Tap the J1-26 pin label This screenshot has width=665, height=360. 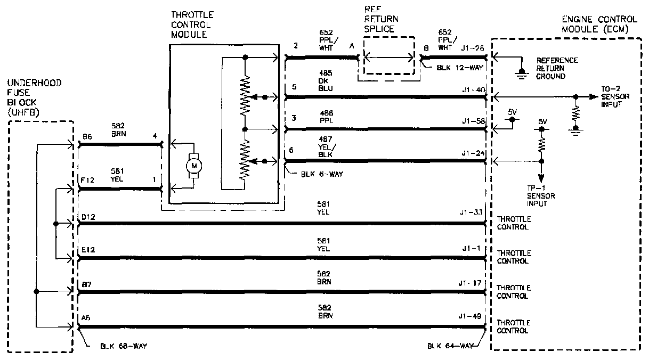pos(474,48)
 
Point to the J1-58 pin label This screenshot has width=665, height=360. pos(474,121)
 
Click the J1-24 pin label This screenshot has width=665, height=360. pos(474,153)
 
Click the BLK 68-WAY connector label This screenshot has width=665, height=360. pos(124,346)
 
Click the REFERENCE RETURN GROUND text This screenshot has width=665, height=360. pos(557,68)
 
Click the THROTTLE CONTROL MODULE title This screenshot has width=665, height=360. pos(191,24)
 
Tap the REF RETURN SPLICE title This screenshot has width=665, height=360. pos(381,20)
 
